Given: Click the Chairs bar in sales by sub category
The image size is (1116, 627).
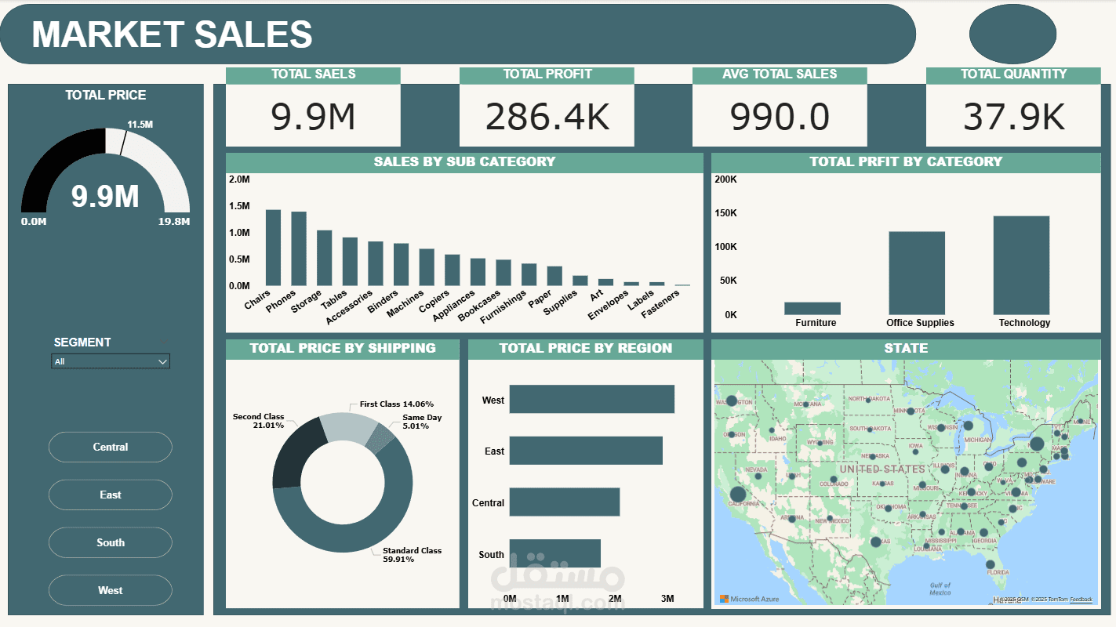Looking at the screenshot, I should [x=273, y=248].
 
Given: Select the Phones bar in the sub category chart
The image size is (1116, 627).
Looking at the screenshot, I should [x=299, y=248].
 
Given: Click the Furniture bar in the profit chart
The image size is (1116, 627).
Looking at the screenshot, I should [x=812, y=308].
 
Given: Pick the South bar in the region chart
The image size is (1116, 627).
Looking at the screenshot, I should [x=554, y=553].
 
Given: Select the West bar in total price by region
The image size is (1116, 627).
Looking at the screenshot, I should [x=591, y=399].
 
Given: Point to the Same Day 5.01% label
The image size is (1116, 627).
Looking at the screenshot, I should [x=422, y=422].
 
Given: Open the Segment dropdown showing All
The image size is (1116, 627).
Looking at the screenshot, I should [x=110, y=361].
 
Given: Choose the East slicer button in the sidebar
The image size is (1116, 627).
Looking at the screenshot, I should [x=110, y=495].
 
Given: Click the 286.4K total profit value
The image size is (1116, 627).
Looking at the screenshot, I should [x=547, y=116].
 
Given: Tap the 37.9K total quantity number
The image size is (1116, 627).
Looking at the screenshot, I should [x=1013, y=116].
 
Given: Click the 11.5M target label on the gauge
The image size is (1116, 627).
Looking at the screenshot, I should [x=140, y=125].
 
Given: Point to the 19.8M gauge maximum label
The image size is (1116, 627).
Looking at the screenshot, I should [x=173, y=222].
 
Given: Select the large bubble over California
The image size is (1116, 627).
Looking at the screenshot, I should [x=737, y=495].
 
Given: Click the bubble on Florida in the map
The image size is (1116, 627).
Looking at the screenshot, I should [x=990, y=564].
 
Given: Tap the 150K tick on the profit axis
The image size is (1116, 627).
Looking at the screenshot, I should [x=725, y=213].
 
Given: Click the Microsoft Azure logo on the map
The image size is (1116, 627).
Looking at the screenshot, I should [x=749, y=599].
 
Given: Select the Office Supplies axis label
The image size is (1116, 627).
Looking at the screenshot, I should [x=920, y=323].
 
